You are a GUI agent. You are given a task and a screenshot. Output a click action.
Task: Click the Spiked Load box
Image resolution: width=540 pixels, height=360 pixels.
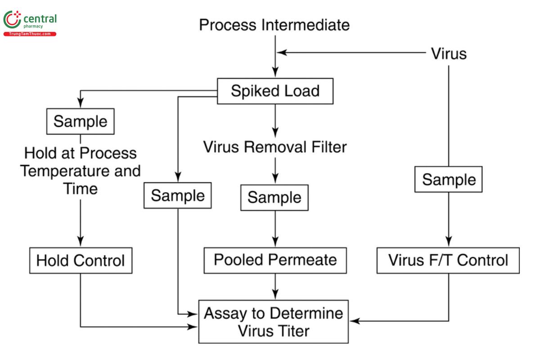275,91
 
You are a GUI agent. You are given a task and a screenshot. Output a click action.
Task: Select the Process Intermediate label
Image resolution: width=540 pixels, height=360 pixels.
274,25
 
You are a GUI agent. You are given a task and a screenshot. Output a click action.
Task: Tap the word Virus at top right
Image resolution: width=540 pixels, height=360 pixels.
449,54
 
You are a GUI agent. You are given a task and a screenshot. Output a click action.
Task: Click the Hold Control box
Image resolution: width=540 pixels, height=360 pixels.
81,260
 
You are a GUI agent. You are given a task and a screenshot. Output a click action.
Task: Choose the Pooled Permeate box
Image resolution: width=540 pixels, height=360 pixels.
275,260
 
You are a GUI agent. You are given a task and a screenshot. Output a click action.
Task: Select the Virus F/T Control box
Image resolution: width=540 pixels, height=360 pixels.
448,260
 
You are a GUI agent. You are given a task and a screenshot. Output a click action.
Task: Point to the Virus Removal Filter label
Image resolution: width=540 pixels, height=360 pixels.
275,147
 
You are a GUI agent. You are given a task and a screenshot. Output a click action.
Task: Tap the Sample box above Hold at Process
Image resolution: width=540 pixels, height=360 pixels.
81,121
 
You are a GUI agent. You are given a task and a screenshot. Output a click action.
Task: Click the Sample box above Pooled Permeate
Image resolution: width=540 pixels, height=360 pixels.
275,197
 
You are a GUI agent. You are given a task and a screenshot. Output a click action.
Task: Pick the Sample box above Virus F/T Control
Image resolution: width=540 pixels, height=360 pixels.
449,180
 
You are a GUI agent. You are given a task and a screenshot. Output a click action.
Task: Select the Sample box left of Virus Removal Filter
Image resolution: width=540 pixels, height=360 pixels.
178,196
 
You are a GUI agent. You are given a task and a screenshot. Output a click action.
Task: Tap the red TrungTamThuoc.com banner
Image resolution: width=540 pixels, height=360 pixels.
30,34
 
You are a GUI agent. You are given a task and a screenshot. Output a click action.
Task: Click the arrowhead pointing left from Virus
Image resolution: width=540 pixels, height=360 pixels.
281,53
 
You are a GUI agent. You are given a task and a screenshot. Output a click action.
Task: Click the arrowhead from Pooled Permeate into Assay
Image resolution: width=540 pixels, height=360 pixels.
275,295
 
